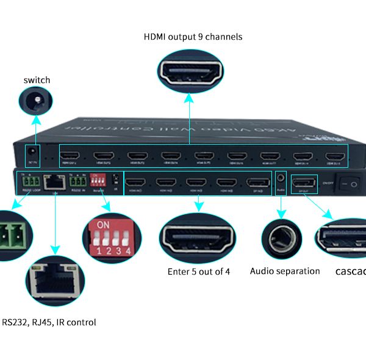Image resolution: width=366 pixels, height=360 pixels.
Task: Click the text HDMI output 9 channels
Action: [x=193, y=37]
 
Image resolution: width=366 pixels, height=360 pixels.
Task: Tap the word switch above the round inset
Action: [x=37, y=80]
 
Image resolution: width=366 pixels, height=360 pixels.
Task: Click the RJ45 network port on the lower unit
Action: [x=54, y=181]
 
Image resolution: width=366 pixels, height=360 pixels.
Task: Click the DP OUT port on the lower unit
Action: [x=303, y=182]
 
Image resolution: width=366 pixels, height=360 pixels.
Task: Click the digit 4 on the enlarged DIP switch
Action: [x=128, y=250]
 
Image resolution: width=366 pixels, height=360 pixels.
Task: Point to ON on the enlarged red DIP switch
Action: [x=104, y=224]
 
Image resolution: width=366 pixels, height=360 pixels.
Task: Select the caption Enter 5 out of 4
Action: [x=199, y=272]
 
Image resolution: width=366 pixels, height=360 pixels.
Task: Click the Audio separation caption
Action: [x=285, y=271]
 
